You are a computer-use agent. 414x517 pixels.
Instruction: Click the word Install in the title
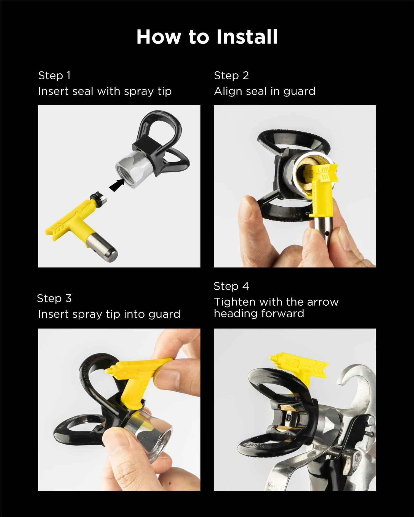[247, 37]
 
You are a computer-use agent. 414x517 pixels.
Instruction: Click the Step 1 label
[54, 76]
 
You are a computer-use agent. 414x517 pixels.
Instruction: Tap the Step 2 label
[231, 76]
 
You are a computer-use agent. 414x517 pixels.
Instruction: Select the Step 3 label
[54, 298]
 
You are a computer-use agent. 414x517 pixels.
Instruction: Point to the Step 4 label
[231, 286]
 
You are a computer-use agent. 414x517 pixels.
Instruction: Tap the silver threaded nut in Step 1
[133, 168]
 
